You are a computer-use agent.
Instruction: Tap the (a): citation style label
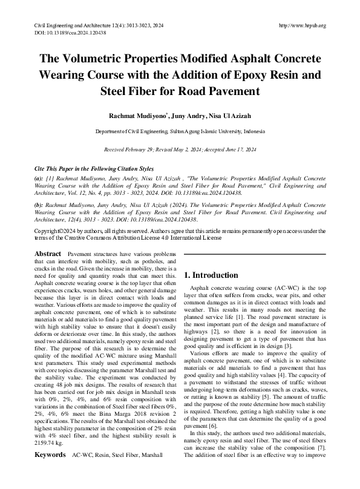click(x=39, y=179)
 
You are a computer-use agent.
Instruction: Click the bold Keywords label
click(x=50, y=470)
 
